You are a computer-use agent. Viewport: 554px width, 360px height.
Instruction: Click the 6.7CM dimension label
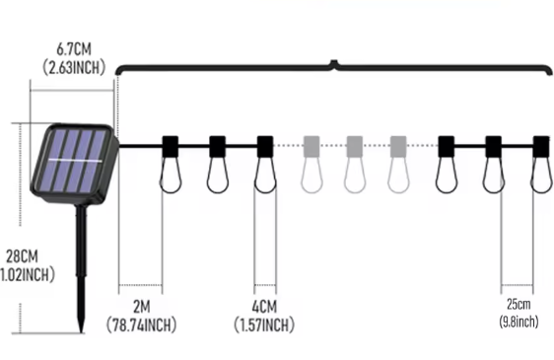[x=74, y=48]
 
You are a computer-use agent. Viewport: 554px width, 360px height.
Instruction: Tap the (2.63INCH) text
[x=74, y=67]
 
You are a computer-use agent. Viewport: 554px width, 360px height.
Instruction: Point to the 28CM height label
[x=22, y=256]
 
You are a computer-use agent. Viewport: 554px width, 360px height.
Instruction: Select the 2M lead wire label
[x=141, y=307]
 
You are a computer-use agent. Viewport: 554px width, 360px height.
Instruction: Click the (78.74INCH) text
[x=141, y=324]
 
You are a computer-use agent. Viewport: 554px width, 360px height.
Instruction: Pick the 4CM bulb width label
[x=264, y=307]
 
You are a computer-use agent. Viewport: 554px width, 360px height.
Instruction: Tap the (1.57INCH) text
[x=264, y=324]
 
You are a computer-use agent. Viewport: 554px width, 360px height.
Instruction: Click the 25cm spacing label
[x=519, y=304]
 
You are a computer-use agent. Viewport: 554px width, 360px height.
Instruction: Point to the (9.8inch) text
[x=519, y=322]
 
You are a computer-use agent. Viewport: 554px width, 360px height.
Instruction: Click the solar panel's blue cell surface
[x=75, y=161]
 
